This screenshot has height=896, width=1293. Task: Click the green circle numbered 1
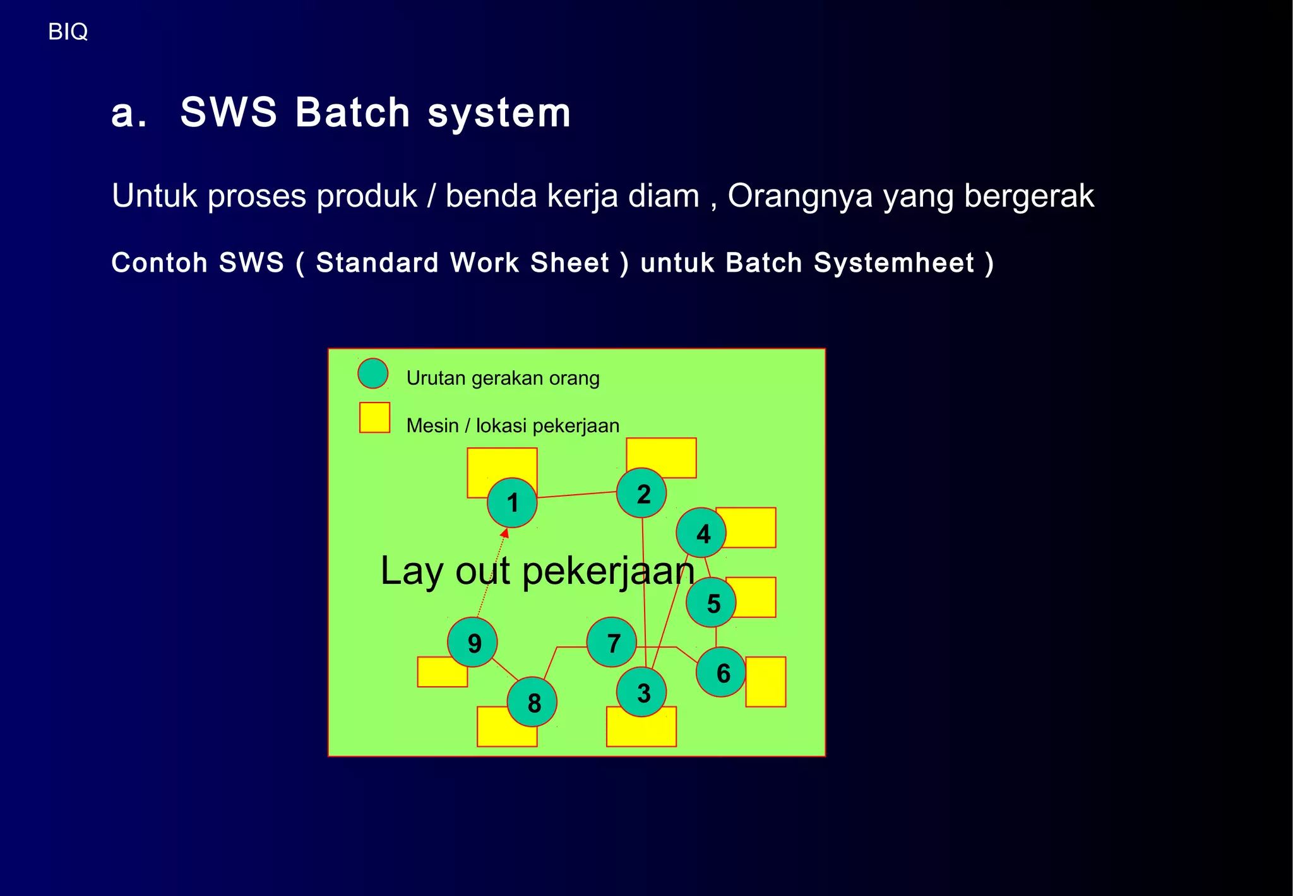512,502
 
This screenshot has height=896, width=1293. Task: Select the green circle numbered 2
641,493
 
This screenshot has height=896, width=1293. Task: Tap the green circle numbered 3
641,693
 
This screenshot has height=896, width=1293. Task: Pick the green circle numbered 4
701,533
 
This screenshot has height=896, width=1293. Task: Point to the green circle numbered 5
711,602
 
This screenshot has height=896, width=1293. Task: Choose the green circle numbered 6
721,672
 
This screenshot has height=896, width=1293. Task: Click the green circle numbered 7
611,643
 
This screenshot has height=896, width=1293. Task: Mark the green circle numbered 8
532,702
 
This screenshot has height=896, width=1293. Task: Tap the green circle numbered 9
472,643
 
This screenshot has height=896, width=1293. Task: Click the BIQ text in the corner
68,32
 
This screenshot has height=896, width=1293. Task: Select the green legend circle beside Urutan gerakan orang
372,373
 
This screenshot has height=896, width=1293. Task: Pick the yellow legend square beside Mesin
374,418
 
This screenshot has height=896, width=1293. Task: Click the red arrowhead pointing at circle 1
504,534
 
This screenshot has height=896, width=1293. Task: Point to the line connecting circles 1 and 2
576,495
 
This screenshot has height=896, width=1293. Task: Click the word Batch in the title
353,112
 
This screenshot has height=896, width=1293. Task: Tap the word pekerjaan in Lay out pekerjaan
608,571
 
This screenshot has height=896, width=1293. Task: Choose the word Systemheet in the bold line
893,263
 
